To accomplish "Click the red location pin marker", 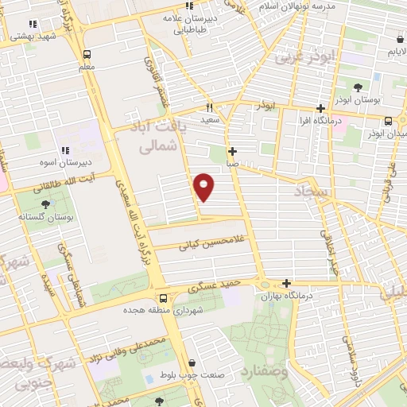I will pyautogui.click(x=204, y=186).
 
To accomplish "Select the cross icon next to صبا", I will pyautogui.click(x=232, y=151).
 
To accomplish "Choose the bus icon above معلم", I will pyautogui.click(x=87, y=55).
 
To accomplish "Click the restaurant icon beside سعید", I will pyautogui.click(x=209, y=107).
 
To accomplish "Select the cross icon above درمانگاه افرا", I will pyautogui.click(x=320, y=108).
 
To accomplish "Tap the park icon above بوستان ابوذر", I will pyautogui.click(x=357, y=87).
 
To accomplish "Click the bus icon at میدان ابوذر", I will pyautogui.click(x=387, y=121).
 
